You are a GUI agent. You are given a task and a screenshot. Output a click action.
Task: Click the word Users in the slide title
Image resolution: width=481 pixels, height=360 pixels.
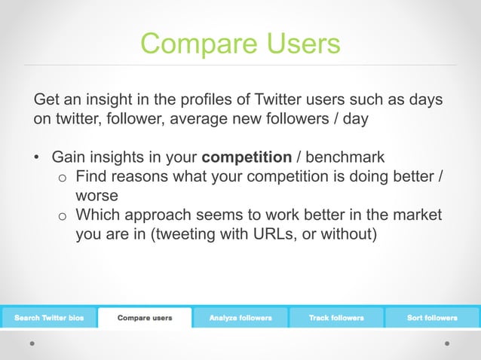[299, 44]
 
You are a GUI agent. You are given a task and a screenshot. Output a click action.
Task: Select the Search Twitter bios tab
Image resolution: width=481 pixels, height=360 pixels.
[49, 318]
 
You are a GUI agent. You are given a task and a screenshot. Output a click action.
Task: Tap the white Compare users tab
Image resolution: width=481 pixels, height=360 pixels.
[145, 318]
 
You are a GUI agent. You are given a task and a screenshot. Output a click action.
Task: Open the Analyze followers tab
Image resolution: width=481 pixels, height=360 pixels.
[240, 318]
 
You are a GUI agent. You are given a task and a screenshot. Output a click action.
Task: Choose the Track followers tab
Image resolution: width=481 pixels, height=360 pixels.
[336, 318]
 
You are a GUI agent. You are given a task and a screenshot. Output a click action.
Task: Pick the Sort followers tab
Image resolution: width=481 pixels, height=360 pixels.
[432, 318]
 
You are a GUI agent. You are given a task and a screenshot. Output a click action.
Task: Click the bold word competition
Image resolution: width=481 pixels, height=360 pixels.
[247, 157]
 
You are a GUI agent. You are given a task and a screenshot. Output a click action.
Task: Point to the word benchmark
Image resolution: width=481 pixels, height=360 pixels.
[345, 157]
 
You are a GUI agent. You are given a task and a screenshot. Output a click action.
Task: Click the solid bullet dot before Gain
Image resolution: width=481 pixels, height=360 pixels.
[36, 158]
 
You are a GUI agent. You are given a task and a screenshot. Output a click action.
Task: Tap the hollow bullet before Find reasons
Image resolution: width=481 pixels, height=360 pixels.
[63, 178]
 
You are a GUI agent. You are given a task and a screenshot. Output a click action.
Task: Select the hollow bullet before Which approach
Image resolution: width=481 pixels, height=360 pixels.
[63, 216]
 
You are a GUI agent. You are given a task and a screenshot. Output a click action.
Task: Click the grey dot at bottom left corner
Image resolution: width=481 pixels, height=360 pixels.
[32, 343]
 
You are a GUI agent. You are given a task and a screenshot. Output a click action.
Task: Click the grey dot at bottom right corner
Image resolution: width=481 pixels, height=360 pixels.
[447, 343]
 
